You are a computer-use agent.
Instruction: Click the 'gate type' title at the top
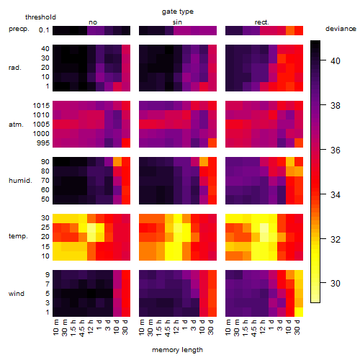(178, 12)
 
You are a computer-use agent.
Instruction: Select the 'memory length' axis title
(177, 350)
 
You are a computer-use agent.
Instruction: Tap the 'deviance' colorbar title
(341, 29)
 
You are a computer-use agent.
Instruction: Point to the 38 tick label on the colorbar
(336, 105)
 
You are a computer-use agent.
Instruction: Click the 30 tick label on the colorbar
(336, 284)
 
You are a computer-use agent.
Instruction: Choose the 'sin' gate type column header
(177, 22)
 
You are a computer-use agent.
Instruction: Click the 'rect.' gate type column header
(261, 22)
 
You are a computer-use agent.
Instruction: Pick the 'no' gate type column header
(93, 22)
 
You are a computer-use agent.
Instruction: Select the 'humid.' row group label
(20, 181)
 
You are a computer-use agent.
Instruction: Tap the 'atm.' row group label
(16, 125)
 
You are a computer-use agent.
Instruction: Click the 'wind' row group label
(17, 294)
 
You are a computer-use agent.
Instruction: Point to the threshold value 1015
(41, 106)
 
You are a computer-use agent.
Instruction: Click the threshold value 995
(43, 143)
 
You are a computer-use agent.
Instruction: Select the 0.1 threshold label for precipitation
(44, 30)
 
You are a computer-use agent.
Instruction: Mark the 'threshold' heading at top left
(40, 17)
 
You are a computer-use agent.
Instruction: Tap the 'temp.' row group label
(18, 236)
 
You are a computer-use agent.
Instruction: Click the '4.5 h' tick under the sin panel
(168, 328)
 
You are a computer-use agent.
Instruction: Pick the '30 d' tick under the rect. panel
(297, 327)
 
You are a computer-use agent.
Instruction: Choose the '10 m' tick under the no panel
(55, 328)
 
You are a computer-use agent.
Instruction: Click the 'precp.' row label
(19, 29)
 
